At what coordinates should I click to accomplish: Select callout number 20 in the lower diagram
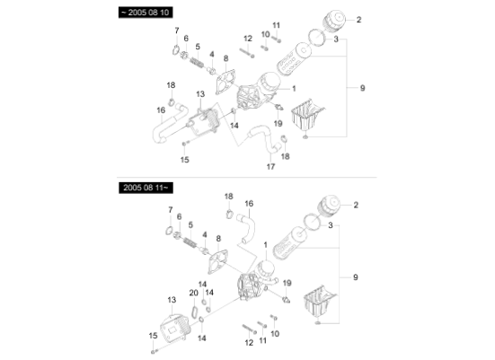pos(193,293)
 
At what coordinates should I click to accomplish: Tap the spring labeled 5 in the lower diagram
pos(190,241)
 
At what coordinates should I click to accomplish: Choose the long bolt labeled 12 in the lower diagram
pos(249,325)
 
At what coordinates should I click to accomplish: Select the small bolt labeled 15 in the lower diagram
pos(154,348)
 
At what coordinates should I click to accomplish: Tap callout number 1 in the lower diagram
pos(265,244)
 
